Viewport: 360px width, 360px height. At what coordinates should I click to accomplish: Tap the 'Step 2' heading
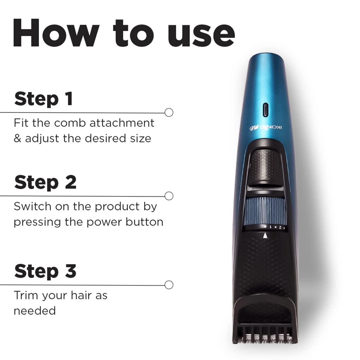pyautogui.click(x=45, y=182)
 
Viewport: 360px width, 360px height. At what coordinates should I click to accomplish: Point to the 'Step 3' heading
pyautogui.click(x=45, y=271)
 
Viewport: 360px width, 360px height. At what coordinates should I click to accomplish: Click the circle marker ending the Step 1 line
pyautogui.click(x=169, y=113)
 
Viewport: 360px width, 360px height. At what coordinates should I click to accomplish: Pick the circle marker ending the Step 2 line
pyautogui.click(x=169, y=196)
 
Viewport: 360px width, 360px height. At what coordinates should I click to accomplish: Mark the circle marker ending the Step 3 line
pyautogui.click(x=169, y=285)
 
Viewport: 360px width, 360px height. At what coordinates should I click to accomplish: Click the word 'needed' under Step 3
pyautogui.click(x=34, y=311)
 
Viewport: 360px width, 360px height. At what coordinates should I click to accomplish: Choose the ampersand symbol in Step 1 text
pyautogui.click(x=17, y=138)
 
